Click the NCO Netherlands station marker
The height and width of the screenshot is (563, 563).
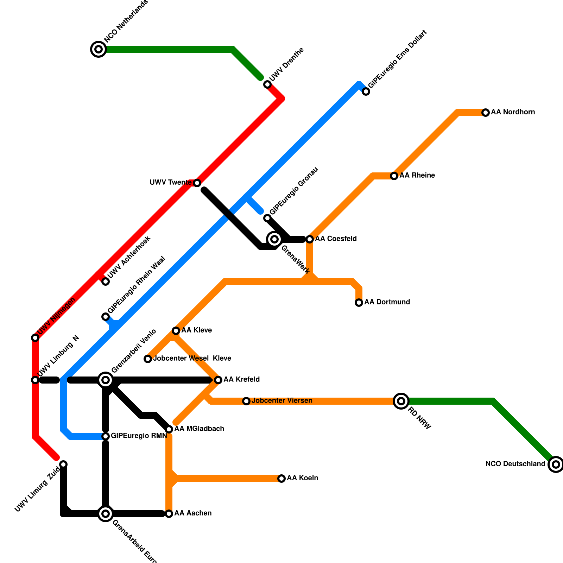[x=99, y=49]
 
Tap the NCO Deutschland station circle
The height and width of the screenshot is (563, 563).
[x=556, y=464]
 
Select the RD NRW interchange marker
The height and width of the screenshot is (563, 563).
[x=401, y=401]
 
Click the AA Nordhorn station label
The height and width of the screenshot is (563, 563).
[x=513, y=112]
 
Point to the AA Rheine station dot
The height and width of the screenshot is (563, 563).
[x=394, y=176]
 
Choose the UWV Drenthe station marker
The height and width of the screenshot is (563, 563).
[x=267, y=84]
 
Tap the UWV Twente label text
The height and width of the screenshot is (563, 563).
[x=170, y=183]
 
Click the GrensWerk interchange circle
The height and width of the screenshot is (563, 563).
[x=274, y=239]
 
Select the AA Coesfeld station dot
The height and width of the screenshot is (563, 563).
[x=310, y=239]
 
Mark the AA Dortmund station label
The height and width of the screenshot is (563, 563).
[x=387, y=302]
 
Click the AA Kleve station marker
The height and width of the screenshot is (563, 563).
[x=176, y=331]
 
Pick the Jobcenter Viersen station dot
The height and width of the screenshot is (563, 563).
[x=246, y=401]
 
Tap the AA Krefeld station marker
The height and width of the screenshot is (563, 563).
[x=218, y=380]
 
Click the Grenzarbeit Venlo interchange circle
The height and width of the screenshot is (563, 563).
[x=106, y=380]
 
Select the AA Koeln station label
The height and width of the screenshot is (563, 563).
[x=302, y=478]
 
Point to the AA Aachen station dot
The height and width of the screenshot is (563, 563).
[x=169, y=514]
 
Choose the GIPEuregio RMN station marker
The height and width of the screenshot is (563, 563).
[x=106, y=436]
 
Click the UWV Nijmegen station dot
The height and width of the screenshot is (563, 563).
[x=35, y=338]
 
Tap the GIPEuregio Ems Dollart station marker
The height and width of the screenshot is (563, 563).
[x=366, y=92]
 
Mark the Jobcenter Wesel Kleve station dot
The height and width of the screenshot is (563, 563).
[x=148, y=359]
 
